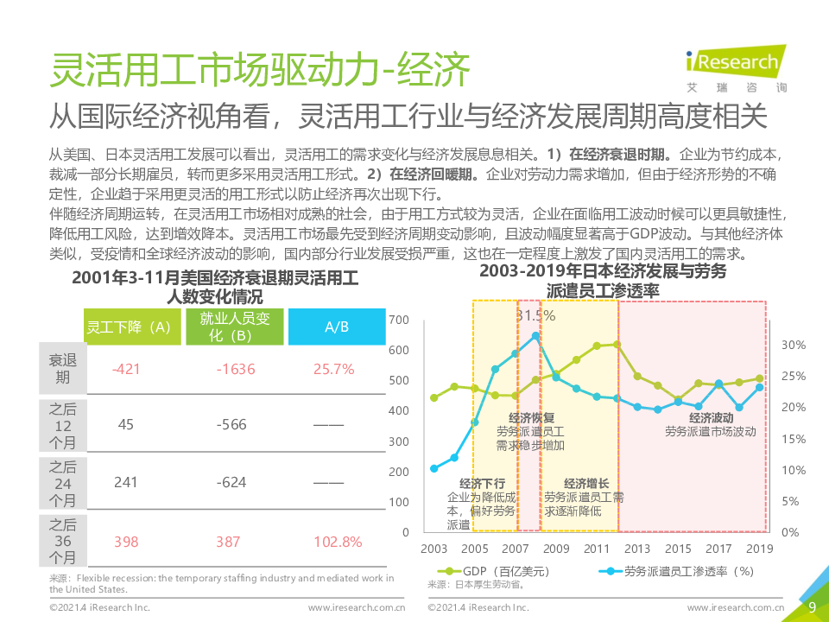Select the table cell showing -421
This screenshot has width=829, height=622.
126,369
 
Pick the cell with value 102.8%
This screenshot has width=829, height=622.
337,542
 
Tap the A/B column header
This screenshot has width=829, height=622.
337,327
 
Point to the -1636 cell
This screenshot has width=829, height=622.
236,369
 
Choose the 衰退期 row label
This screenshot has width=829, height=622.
62,369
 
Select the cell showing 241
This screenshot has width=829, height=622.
126,482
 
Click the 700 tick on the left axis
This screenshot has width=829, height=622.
399,320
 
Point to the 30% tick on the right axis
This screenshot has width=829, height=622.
793,345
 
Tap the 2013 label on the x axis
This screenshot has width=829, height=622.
637,549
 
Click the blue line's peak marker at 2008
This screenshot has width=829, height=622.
535,335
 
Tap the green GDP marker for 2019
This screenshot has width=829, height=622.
759,378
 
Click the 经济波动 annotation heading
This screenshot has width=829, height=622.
711,417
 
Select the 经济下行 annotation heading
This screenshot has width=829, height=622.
482,484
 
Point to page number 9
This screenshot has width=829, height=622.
812,606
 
